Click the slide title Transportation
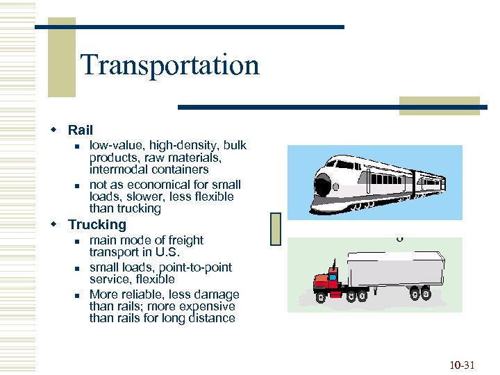169,65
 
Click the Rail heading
80,130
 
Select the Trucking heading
97,224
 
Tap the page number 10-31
461,365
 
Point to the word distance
212,318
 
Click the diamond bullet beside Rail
53,131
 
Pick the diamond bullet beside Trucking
53,225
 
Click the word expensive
209,306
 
